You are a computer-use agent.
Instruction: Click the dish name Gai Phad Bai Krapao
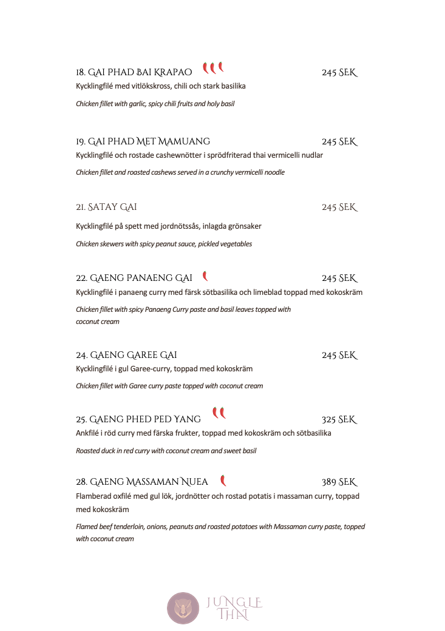tap(140, 73)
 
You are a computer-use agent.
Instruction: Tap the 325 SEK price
tap(339, 420)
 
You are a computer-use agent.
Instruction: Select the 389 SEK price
tap(339, 482)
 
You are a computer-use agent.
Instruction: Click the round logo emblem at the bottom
tap(183, 608)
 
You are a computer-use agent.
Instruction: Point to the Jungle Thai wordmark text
tap(234, 609)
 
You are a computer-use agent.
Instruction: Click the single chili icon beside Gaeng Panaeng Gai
tap(205, 277)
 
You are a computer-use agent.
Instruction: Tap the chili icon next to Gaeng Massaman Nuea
tap(223, 481)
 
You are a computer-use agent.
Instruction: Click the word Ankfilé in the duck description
tap(87, 433)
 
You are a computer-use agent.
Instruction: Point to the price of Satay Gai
tap(339, 208)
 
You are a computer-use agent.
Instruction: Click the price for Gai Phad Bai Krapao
tap(339, 73)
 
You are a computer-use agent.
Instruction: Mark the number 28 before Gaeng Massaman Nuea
tap(81, 482)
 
